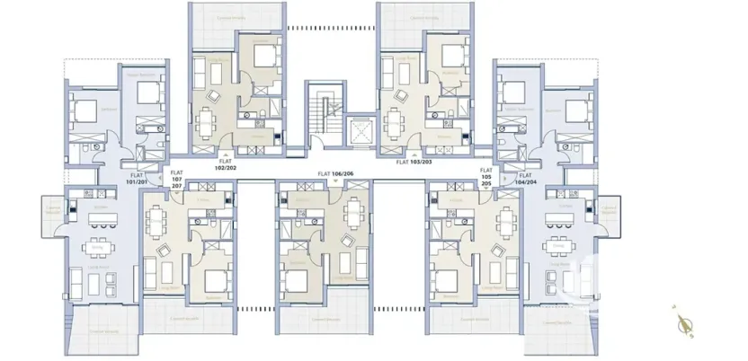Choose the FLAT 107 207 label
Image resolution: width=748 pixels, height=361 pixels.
pos(175,181)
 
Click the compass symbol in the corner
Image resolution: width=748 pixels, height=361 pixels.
pos(683,319)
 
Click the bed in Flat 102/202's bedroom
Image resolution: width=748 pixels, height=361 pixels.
pos(265,58)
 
